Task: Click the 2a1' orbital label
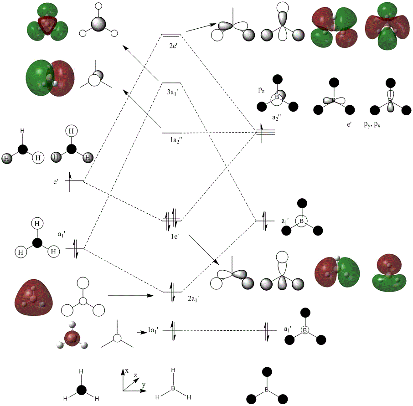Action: coord(195,299)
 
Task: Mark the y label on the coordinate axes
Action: coord(144,385)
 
